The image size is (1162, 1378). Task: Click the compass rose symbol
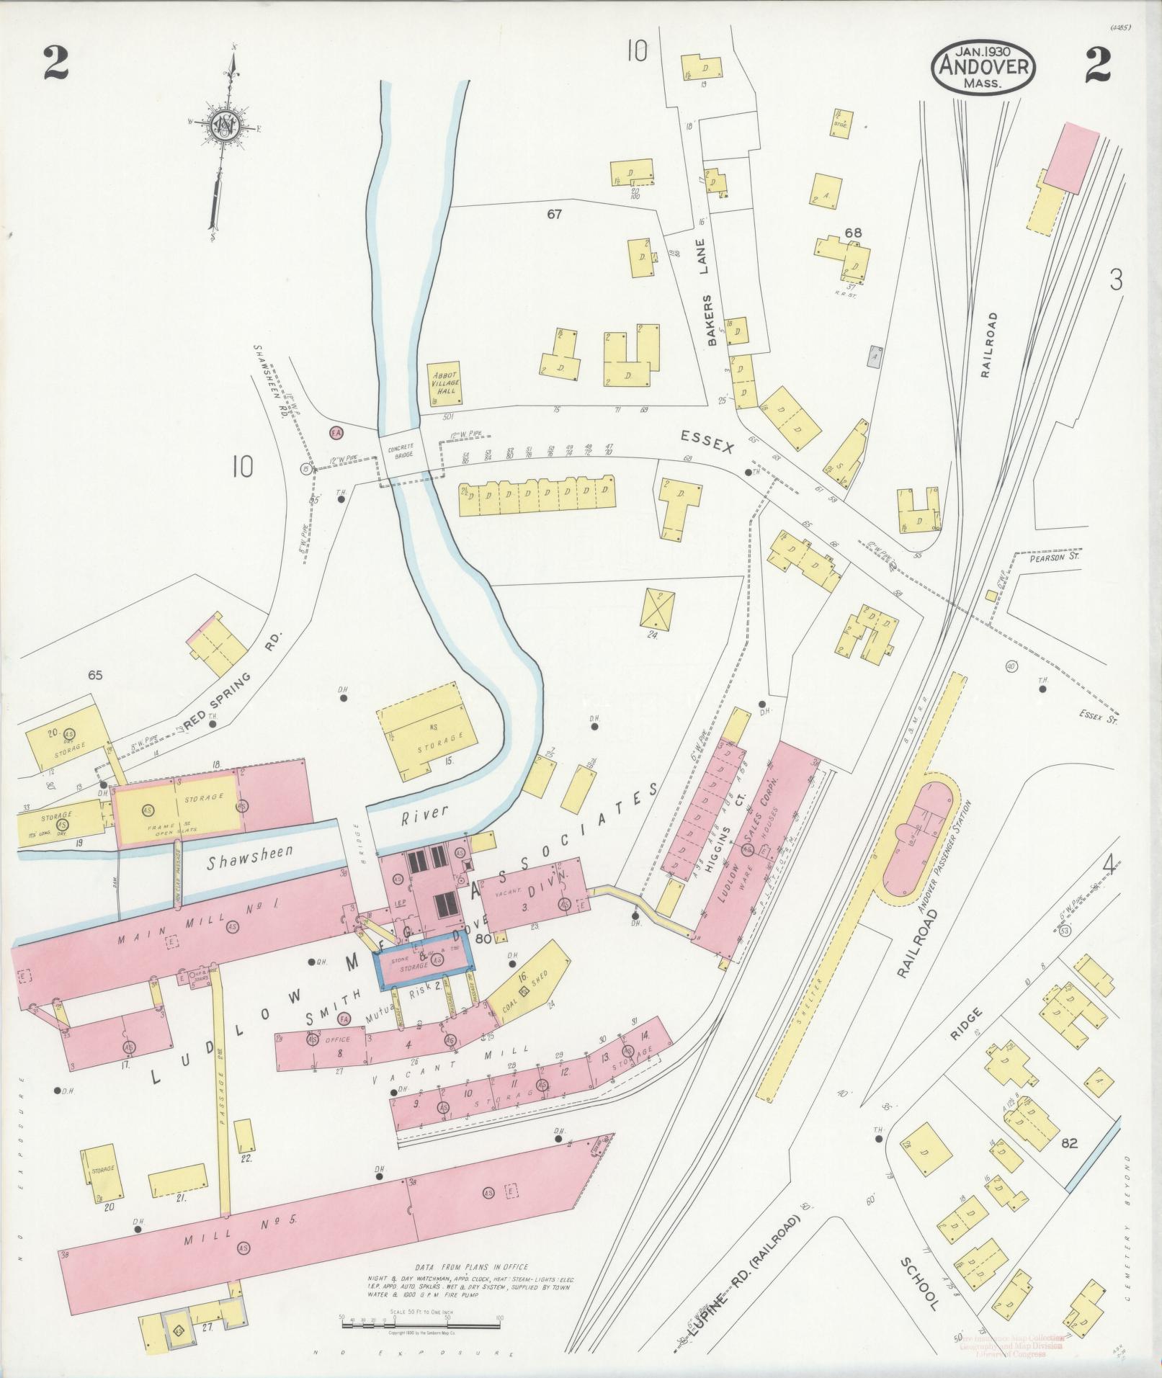[225, 127]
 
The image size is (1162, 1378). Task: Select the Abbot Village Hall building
[444, 382]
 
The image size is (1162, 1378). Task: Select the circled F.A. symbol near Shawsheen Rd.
[336, 433]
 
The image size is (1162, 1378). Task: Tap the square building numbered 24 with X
[657, 609]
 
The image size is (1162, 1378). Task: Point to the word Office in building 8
[338, 1040]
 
